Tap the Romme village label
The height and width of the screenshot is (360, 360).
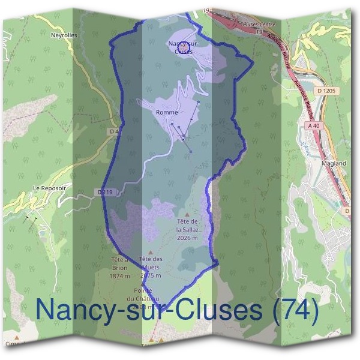(165, 112)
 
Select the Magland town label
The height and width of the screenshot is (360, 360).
(334, 163)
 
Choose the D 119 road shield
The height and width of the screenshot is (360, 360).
(104, 192)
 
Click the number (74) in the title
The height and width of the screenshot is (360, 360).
(292, 310)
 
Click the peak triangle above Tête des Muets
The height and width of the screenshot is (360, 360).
(150, 251)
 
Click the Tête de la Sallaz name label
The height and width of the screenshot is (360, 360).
(187, 225)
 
